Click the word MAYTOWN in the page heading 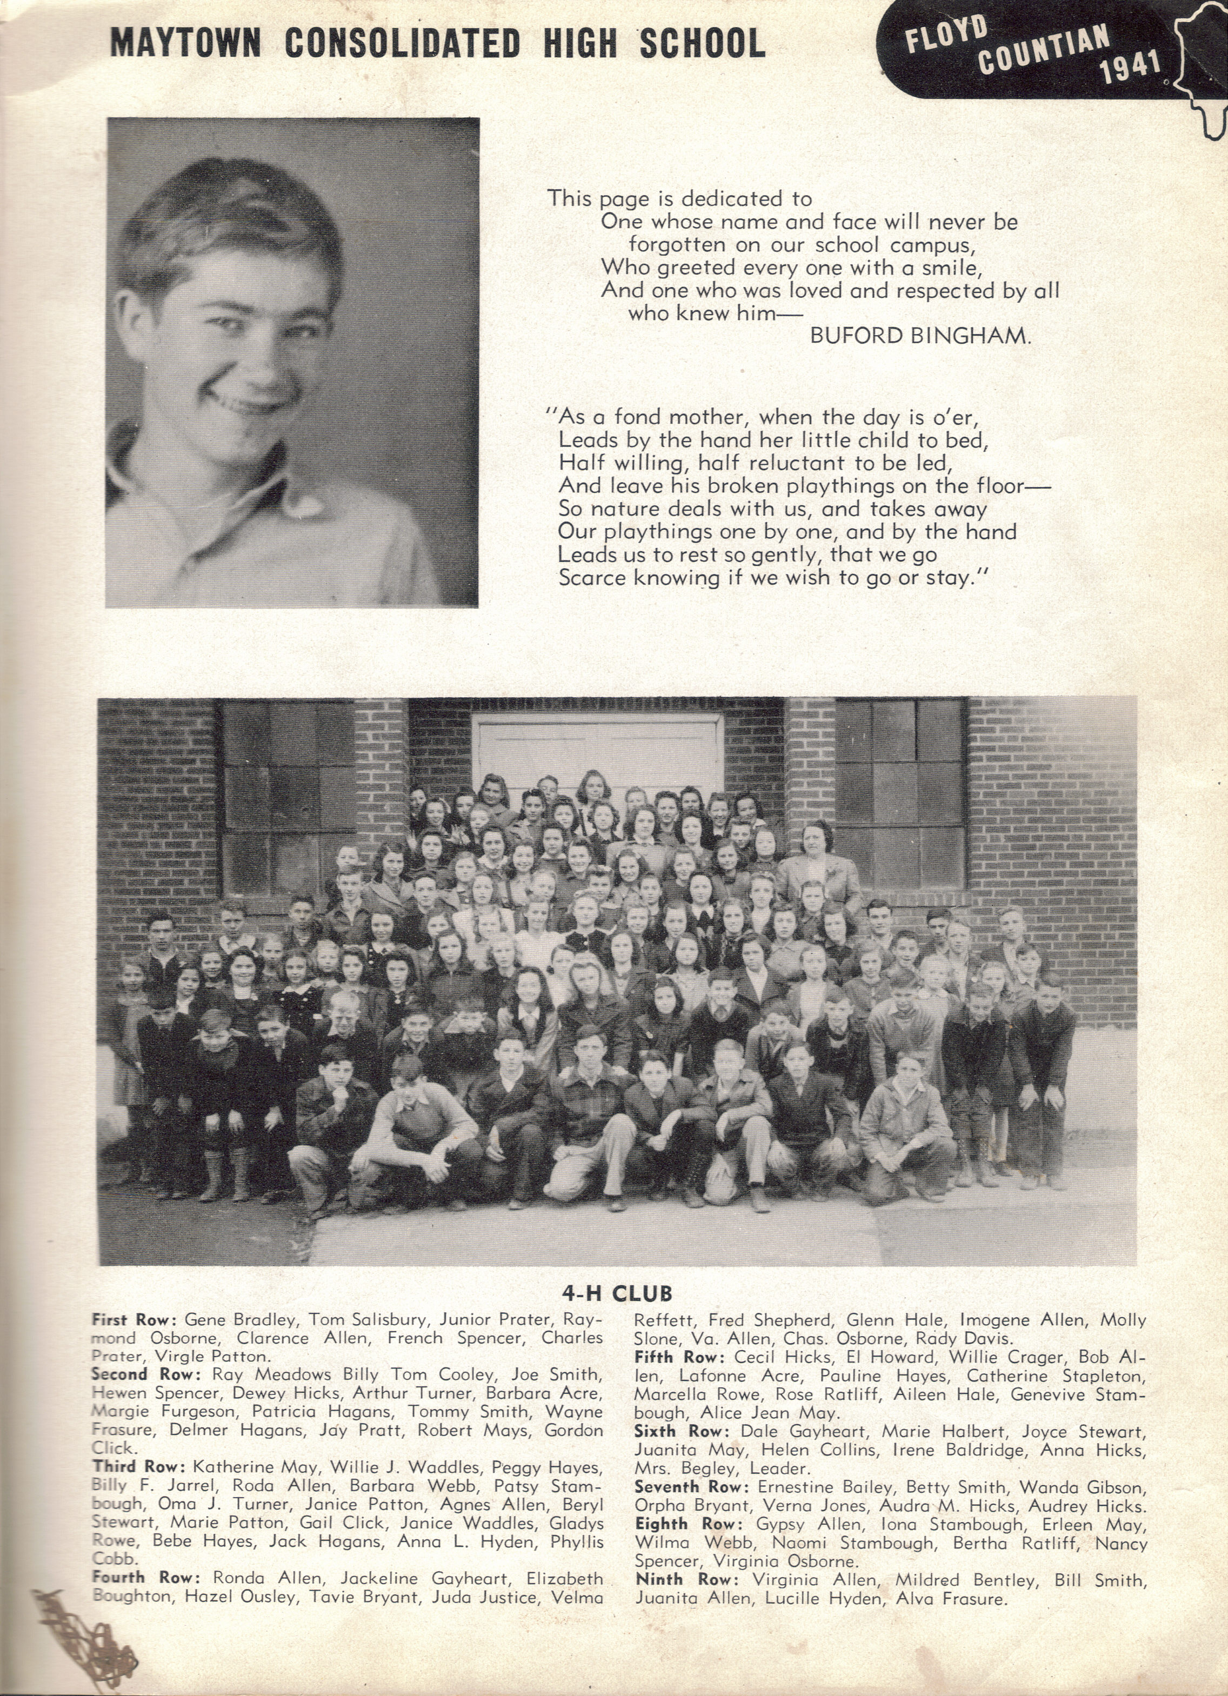click(x=185, y=43)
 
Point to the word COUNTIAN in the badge click(x=1043, y=49)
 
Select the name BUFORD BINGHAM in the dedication click(x=920, y=336)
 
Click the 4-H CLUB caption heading click(x=617, y=1293)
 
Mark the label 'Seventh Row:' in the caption click(x=692, y=1487)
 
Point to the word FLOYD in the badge click(x=945, y=35)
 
